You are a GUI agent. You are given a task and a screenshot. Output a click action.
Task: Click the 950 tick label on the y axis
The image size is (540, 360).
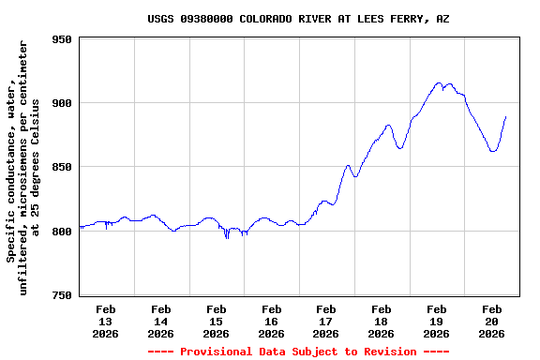tap(62, 39)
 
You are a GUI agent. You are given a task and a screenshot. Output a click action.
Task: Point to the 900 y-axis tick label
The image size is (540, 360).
tap(62, 103)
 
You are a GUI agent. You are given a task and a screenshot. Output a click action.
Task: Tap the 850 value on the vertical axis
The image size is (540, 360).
tap(62, 167)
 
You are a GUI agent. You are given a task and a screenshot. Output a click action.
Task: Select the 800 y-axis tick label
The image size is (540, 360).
tap(62, 232)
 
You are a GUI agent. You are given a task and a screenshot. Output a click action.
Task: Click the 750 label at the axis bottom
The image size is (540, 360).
tap(62, 295)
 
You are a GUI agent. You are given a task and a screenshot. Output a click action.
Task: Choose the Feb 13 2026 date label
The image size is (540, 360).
tap(105, 321)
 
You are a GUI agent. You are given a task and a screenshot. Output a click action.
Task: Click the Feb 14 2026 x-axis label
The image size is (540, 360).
tap(160, 321)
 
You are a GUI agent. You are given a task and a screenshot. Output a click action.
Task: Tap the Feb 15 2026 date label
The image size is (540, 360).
tap(216, 321)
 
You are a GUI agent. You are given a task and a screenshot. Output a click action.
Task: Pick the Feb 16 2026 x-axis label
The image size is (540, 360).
tap(271, 321)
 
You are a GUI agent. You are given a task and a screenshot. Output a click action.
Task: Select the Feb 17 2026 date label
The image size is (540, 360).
tap(325, 321)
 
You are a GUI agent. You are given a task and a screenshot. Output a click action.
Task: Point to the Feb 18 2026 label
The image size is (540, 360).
tap(381, 321)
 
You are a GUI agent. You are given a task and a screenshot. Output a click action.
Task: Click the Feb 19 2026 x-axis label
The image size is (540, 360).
tap(436, 321)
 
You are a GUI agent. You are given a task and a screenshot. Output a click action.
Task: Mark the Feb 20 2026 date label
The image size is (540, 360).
tap(491, 321)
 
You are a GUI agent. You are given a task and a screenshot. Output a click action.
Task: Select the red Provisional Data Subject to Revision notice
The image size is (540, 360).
tap(298, 352)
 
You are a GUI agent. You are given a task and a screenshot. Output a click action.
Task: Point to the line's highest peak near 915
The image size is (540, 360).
tap(439, 82)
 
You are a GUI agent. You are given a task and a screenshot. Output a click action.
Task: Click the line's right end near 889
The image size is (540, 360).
tap(505, 117)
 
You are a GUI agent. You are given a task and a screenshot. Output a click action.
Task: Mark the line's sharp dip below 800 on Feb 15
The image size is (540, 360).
tap(227, 238)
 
